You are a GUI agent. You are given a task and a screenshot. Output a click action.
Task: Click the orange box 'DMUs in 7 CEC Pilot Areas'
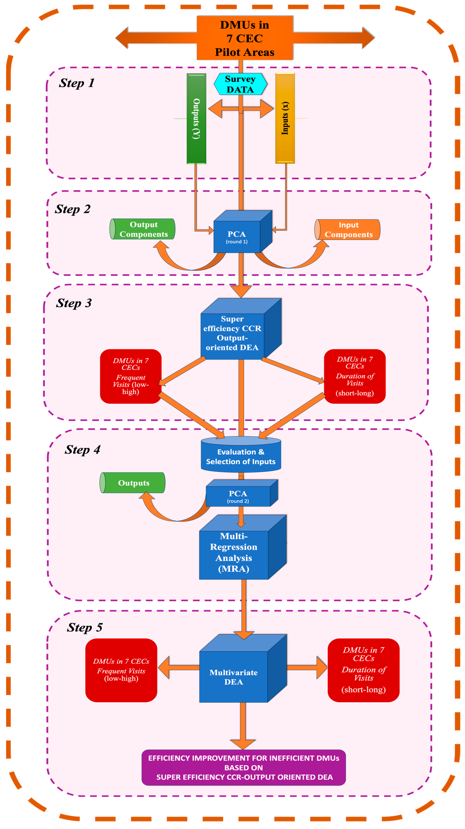245,38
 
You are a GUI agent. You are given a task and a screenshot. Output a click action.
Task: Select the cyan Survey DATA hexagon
240,84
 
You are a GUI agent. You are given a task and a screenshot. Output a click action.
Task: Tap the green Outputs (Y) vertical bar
196,118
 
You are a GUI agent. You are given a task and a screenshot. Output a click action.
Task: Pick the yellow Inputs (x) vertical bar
285,118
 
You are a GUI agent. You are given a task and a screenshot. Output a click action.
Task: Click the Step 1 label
76,83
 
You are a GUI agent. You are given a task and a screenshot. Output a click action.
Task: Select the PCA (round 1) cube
237,237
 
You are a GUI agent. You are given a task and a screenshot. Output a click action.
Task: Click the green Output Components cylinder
143,229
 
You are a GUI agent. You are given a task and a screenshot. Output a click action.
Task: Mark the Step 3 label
74,303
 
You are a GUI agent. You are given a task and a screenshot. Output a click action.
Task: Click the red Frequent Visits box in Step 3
131,376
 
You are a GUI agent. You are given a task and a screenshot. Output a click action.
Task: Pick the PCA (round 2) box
238,496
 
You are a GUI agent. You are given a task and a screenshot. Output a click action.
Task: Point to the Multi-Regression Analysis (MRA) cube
234,552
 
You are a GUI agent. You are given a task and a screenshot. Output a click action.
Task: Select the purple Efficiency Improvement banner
244,768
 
